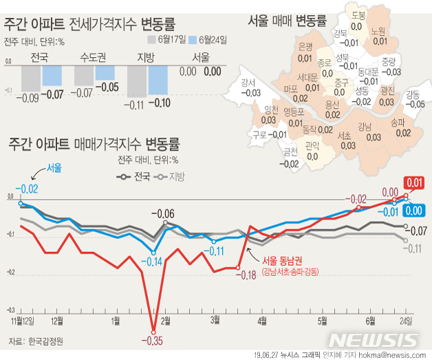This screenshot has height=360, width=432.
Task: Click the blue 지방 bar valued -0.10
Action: (x=158, y=83)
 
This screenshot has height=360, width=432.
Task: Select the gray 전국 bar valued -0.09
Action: (x=30, y=79)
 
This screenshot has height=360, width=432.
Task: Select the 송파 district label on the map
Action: (x=398, y=123)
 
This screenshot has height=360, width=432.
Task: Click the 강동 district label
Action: (x=414, y=94)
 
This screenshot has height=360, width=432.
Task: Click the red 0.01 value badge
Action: (x=414, y=182)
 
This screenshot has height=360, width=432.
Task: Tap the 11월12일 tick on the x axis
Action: (x=23, y=321)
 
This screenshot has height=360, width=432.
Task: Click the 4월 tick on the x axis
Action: (x=261, y=321)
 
